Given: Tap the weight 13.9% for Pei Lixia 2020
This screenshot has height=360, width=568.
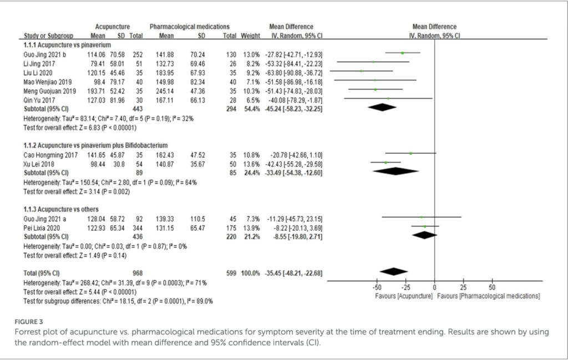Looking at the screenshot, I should coord(251,227).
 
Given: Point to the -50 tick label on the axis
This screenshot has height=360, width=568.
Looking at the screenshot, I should coord(376,288).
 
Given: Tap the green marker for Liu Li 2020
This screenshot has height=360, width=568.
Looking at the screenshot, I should coord(361,72).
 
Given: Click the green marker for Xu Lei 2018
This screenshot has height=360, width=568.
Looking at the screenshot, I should coord(386,163).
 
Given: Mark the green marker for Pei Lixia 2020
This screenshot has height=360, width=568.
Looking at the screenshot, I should coord(425,227).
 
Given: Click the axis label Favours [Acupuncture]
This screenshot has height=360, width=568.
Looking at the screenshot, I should coord(404,296).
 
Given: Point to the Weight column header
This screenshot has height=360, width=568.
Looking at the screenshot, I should coord(251,36).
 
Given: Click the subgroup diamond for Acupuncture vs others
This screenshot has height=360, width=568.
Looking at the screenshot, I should coord(424,235).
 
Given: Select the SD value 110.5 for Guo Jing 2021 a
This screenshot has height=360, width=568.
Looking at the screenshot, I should coord(197,219).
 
